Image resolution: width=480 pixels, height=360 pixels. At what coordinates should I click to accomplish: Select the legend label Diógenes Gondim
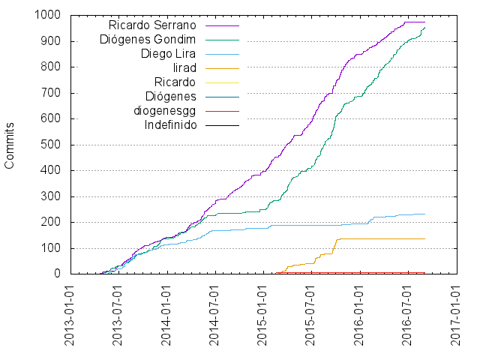[148, 40]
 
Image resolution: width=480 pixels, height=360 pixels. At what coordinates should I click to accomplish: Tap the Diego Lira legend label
[169, 54]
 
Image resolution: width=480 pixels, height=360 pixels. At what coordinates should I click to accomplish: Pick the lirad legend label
[184, 68]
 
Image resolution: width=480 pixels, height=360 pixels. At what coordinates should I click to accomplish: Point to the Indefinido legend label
[170, 124]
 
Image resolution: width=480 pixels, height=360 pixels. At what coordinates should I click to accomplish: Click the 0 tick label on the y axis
[56, 274]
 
